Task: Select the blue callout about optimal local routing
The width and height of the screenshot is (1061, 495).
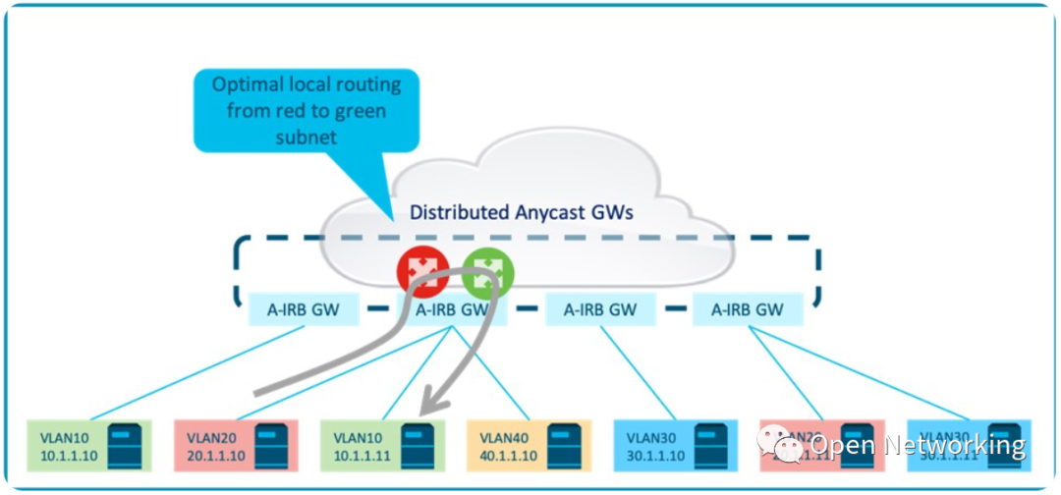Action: pos(306,110)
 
